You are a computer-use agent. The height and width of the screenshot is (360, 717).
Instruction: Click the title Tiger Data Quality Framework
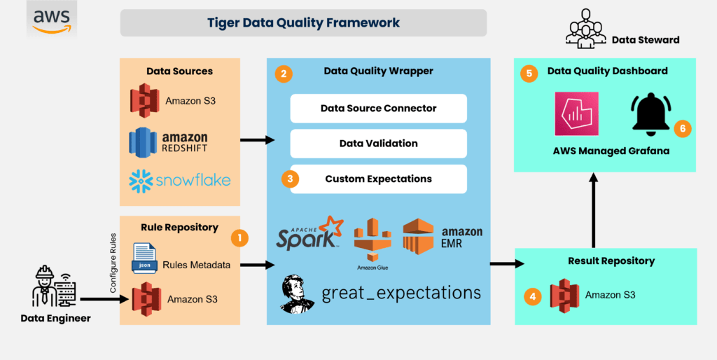pyautogui.click(x=303, y=22)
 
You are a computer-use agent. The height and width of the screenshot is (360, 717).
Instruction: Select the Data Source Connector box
pyautogui.click(x=378, y=109)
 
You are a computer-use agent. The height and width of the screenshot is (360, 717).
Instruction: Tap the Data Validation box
pyautogui.click(x=378, y=144)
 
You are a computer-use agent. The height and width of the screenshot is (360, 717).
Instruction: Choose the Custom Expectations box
pyautogui.click(x=378, y=179)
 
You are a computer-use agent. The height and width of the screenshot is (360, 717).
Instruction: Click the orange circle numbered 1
pyautogui.click(x=240, y=238)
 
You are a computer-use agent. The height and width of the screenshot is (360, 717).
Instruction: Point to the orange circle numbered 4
pyautogui.click(x=533, y=296)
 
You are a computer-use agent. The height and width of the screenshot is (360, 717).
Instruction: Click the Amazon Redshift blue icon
pyautogui.click(x=143, y=141)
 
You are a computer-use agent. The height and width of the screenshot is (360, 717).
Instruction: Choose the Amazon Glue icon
pyautogui.click(x=371, y=242)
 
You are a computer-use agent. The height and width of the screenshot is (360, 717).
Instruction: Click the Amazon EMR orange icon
pyautogui.click(x=419, y=237)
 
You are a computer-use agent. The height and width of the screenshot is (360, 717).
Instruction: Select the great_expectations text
pyautogui.click(x=401, y=292)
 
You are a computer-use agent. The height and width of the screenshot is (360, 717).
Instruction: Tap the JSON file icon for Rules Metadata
pyautogui.click(x=145, y=257)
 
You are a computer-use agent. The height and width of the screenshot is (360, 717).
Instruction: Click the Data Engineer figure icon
pyautogui.click(x=47, y=287)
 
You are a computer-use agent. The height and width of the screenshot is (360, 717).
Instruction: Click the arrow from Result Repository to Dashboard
pyautogui.click(x=594, y=210)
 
